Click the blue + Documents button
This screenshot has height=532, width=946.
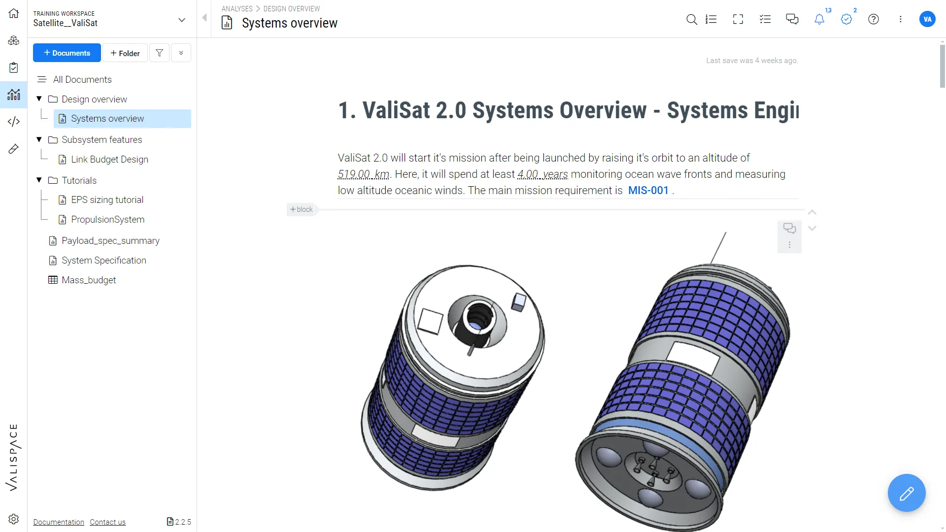pyautogui.click(x=67, y=53)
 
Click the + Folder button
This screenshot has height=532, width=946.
pyautogui.click(x=125, y=53)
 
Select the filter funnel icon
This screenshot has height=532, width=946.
pyautogui.click(x=159, y=53)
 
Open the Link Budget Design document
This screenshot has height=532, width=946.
pyautogui.click(x=109, y=160)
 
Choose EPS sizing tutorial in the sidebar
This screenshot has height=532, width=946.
pyautogui.click(x=107, y=200)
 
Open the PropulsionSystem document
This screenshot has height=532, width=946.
pyautogui.click(x=107, y=220)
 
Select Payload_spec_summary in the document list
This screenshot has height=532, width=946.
pyautogui.click(x=110, y=241)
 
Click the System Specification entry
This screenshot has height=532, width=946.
pyautogui.click(x=103, y=261)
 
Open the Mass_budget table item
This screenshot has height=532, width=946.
pyautogui.click(x=89, y=280)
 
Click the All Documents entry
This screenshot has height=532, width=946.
pyautogui.click(x=82, y=80)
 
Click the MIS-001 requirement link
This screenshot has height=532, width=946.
pyautogui.click(x=648, y=191)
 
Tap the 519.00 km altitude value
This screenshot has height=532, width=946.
pyautogui.click(x=364, y=174)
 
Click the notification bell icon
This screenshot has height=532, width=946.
pyautogui.click(x=819, y=19)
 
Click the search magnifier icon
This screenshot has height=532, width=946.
pyautogui.click(x=692, y=19)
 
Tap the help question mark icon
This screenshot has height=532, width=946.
pyautogui.click(x=874, y=19)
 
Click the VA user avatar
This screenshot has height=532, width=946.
pyautogui.click(x=927, y=19)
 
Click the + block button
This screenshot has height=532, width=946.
pyautogui.click(x=302, y=209)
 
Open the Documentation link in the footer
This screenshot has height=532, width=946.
pyautogui.click(x=59, y=522)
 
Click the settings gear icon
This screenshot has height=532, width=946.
pyautogui.click(x=14, y=519)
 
